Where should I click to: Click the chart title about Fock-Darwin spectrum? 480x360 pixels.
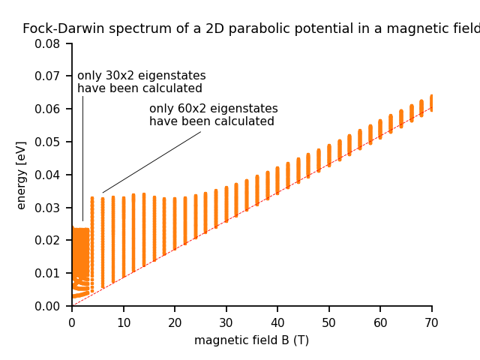point(251,29)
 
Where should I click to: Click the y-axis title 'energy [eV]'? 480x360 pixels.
point(22,175)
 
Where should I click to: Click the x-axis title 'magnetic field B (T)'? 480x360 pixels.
point(251,340)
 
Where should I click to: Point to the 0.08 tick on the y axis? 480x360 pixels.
point(47,43)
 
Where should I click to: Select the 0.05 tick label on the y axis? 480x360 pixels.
point(47,142)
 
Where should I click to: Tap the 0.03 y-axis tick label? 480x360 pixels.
point(47,208)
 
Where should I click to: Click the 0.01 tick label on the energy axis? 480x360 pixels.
point(47,273)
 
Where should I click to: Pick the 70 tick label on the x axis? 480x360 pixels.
point(432,322)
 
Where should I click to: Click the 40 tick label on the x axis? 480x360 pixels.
point(277,322)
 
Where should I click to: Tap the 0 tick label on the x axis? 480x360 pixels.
point(72,322)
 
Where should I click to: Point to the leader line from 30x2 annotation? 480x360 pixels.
point(82,157)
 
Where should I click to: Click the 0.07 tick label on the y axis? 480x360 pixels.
point(47,76)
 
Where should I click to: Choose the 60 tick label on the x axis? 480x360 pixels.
point(380,322)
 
